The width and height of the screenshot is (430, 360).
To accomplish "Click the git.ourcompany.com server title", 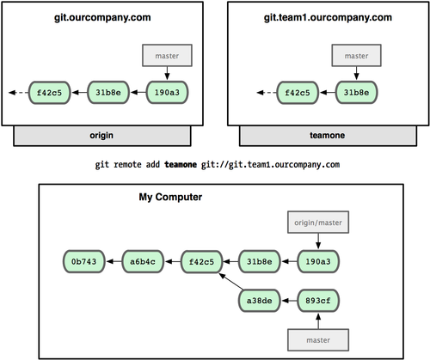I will [103, 18].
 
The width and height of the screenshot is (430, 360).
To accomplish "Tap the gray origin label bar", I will [103, 136].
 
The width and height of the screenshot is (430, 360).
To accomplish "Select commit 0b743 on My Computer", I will [85, 258].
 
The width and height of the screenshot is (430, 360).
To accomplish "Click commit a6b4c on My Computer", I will [143, 258].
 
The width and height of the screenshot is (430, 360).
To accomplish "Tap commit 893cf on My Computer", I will [318, 301].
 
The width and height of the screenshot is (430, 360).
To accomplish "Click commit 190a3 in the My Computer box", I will [318, 258].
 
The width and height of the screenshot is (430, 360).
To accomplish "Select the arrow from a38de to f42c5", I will [228, 284].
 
